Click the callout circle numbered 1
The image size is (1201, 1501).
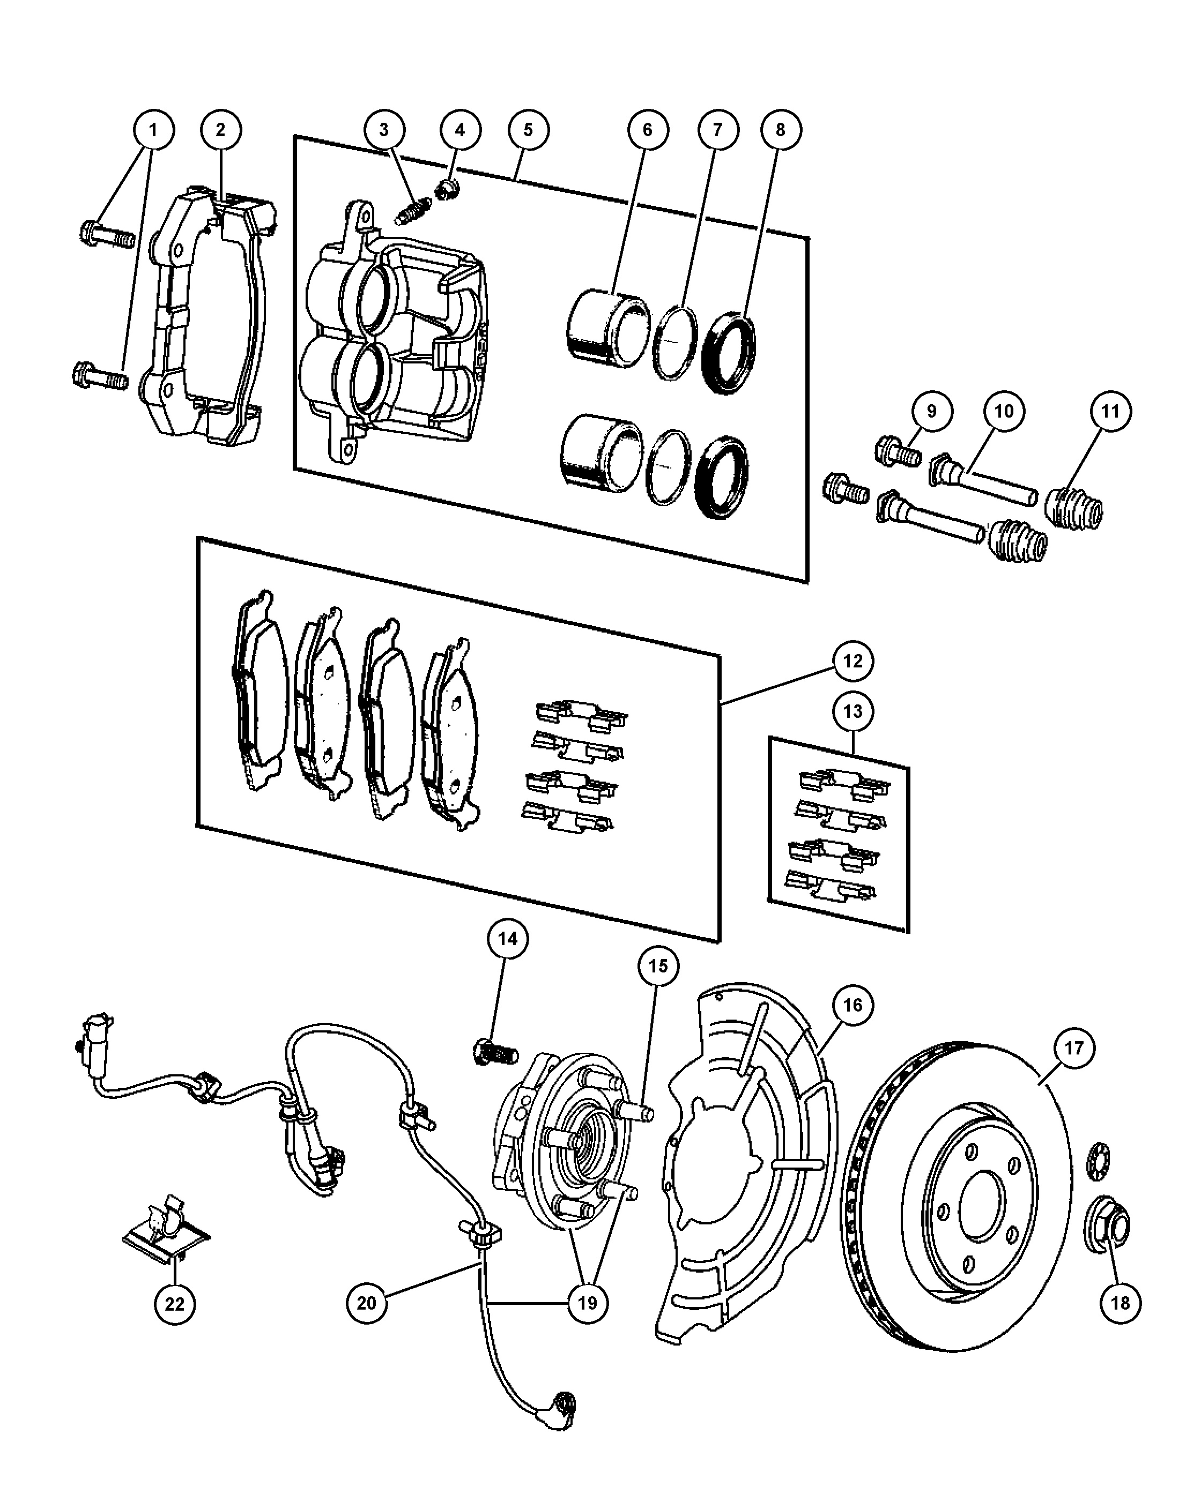coord(153,130)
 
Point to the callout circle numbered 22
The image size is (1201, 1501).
coord(174,1303)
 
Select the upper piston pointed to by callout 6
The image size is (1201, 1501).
coord(608,329)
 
